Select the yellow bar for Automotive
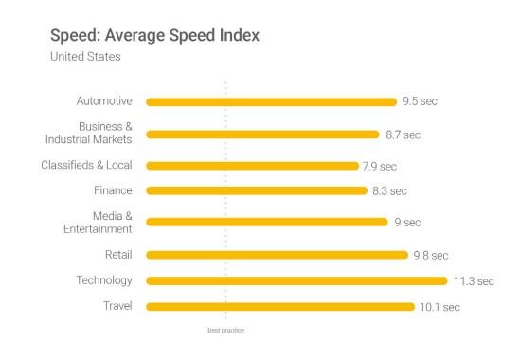[x=271, y=101]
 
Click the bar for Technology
[x=296, y=280]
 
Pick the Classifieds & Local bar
[x=253, y=166]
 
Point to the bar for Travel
[x=280, y=306]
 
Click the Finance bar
[x=257, y=190]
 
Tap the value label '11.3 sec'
[x=473, y=280]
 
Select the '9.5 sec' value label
[x=421, y=101]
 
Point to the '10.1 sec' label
[x=439, y=306]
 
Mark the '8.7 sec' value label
[x=403, y=135]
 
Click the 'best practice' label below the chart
[x=226, y=331]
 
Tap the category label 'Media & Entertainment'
[x=99, y=223]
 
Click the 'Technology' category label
[x=104, y=280]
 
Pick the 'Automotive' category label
[x=104, y=101]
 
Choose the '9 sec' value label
[x=406, y=223]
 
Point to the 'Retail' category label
[x=118, y=255]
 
